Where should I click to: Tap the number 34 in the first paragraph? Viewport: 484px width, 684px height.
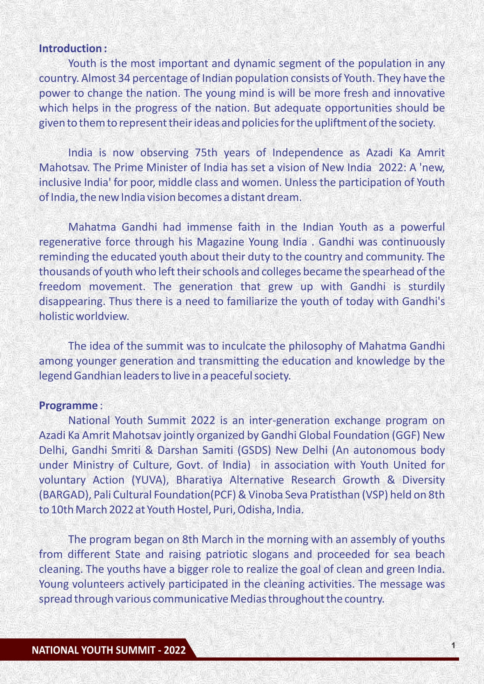[x=124, y=78]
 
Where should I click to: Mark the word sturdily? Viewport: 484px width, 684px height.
[x=426, y=287]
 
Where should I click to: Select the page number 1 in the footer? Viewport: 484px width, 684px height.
[x=453, y=645]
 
